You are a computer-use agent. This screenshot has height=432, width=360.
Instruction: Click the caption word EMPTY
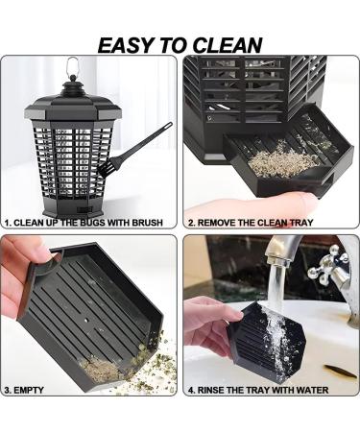click(x=33, y=391)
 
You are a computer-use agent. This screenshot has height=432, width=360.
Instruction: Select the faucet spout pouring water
click(x=276, y=252)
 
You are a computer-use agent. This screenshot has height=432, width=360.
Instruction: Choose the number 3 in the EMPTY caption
click(x=8, y=391)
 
